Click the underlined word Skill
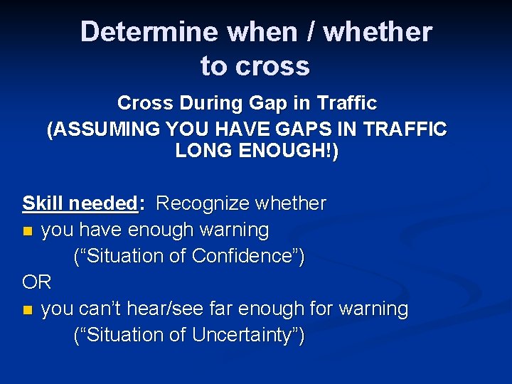43,204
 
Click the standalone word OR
36,282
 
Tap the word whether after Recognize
292,204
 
